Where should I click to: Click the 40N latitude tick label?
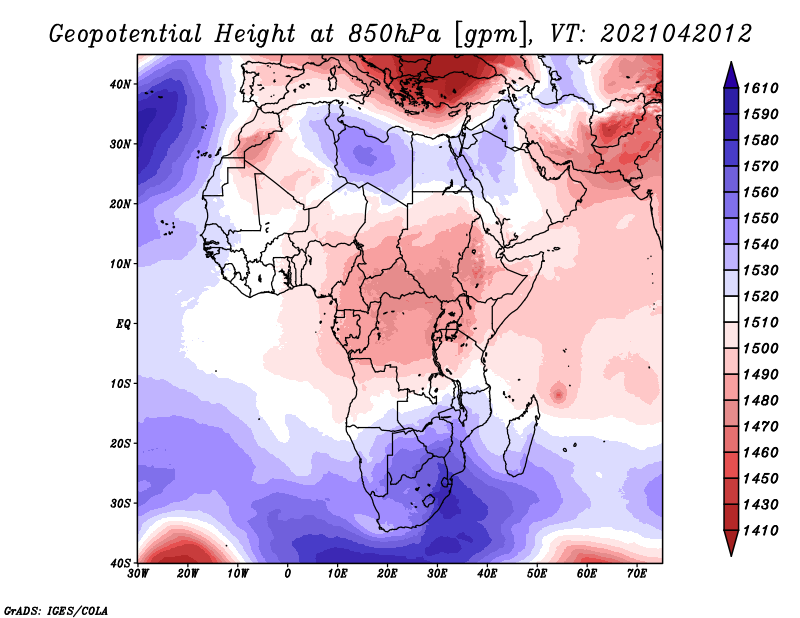(120, 84)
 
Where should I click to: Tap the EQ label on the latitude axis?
(123, 324)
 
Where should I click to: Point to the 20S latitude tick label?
(120, 443)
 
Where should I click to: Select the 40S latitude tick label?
(120, 563)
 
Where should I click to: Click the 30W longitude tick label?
(138, 574)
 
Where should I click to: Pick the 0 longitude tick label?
(288, 574)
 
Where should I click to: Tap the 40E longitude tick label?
(487, 574)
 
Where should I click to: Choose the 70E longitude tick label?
(637, 574)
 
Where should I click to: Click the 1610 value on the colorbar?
(760, 88)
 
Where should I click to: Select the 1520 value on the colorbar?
(760, 296)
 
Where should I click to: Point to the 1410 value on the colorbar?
(760, 531)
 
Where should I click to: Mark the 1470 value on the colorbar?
(760, 427)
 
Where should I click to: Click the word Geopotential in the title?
(126, 34)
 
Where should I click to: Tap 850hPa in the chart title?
(394, 34)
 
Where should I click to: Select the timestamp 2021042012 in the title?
(676, 34)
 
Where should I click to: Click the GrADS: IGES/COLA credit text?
(56, 610)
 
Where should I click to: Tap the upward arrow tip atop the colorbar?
(731, 63)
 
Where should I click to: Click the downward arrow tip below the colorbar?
(731, 555)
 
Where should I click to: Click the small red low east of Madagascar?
(559, 394)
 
